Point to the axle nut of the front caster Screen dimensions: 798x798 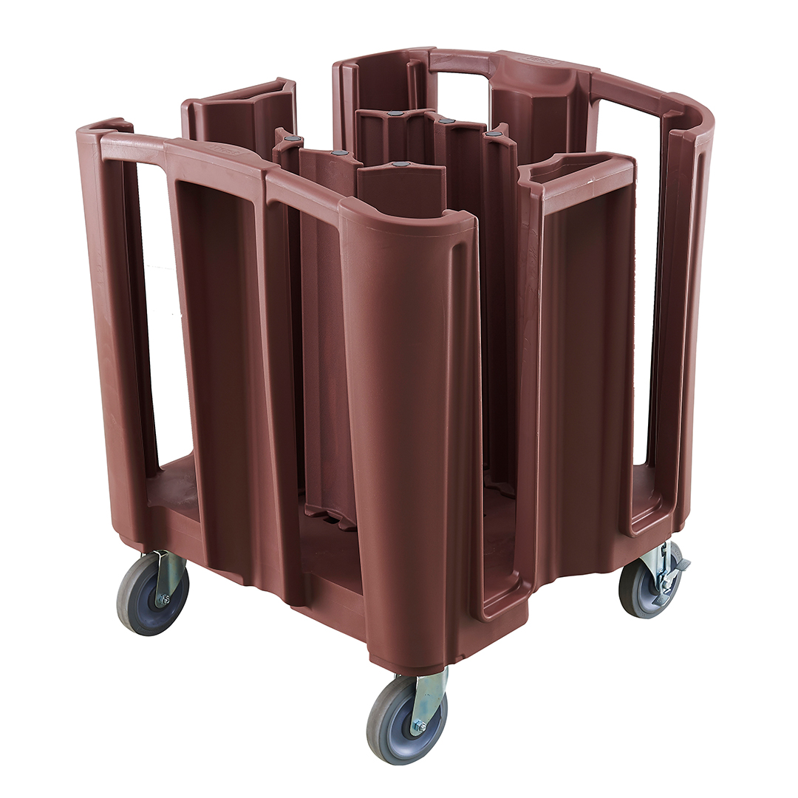tap(418, 726)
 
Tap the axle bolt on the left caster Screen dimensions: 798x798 tap(162, 599)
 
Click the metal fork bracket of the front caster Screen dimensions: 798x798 tap(429, 695)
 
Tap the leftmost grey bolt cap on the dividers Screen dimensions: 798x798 tap(294, 138)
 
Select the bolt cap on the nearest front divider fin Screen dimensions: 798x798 tap(400, 164)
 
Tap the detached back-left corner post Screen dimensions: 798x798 tap(240, 118)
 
